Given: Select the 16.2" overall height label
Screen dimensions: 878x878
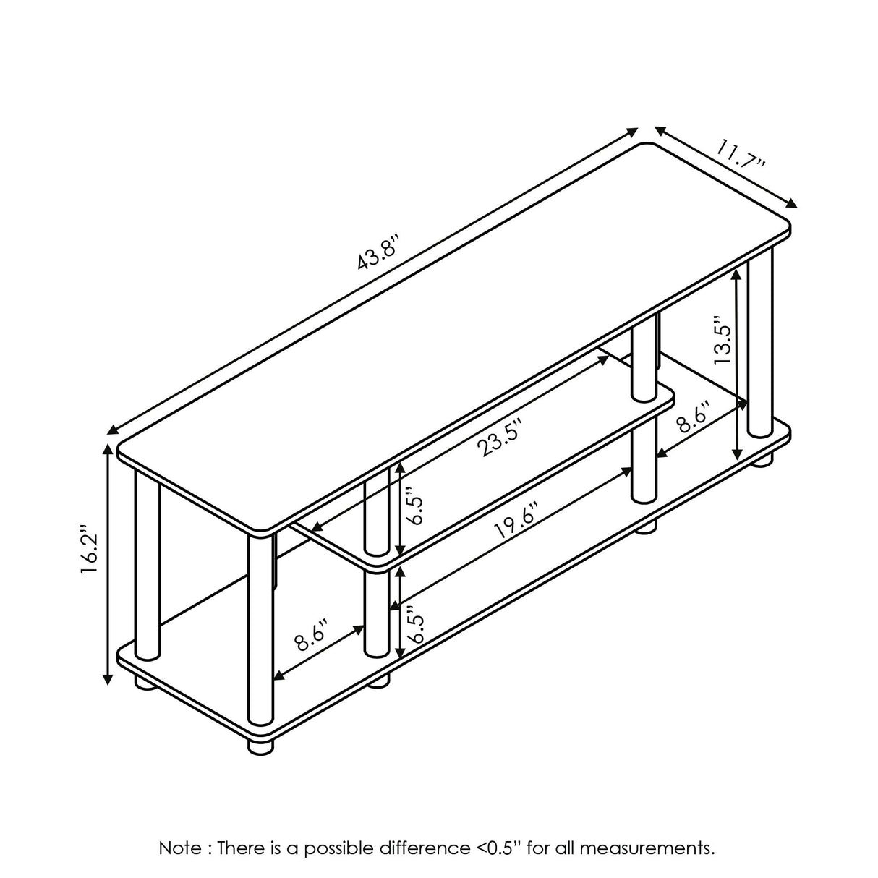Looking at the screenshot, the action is point(90,556).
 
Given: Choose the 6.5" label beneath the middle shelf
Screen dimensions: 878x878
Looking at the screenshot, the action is point(416,623).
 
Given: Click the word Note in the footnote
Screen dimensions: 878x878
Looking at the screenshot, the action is point(180,823).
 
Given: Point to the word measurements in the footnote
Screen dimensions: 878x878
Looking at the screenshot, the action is point(644,823).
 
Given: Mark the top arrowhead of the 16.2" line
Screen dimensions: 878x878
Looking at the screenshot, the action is point(108,448).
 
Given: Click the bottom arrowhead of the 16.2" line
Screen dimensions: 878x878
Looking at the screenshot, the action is point(108,691).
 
